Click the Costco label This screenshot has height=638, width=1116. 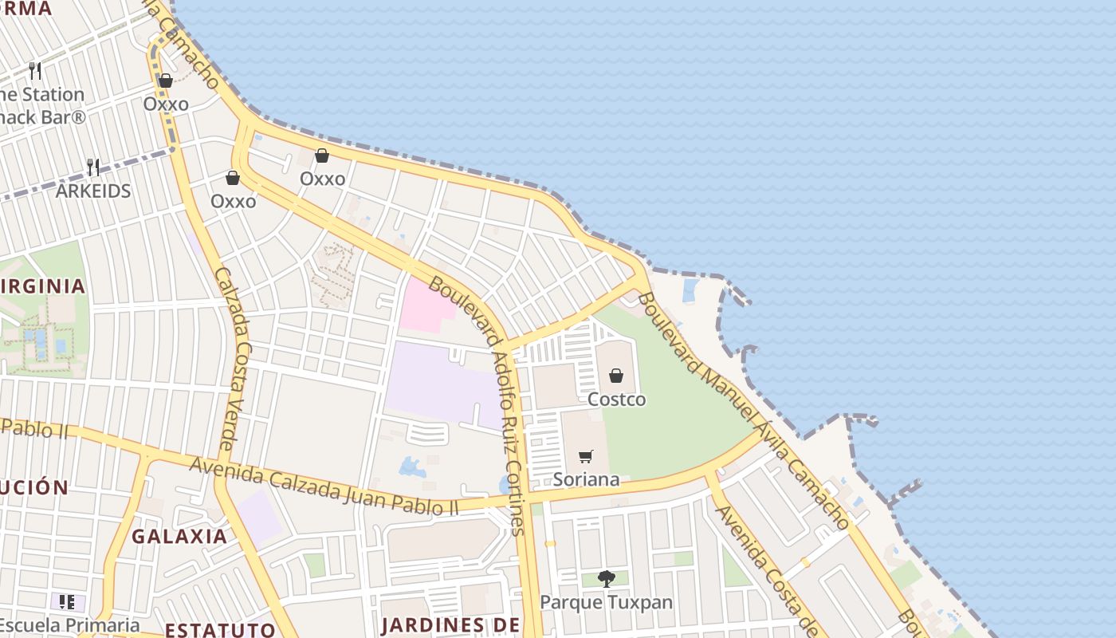pos(616,399)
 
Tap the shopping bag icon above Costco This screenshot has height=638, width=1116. pos(616,376)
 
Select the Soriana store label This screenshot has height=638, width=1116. pos(586,479)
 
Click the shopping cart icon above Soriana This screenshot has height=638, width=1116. pos(586,456)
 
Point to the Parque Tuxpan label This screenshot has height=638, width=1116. pos(606,602)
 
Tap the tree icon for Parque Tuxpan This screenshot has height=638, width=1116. pos(606,579)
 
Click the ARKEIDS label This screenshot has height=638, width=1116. pos(92,191)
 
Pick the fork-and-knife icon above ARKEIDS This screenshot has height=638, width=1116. pos(93,167)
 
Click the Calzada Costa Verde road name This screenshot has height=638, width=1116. pos(234,359)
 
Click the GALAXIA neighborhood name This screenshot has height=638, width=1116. pos(179,537)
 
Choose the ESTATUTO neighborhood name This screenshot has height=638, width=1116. pos(220,629)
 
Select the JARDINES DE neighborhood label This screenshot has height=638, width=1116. pos(450,624)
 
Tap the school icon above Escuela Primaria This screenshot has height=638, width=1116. pos(67,602)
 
